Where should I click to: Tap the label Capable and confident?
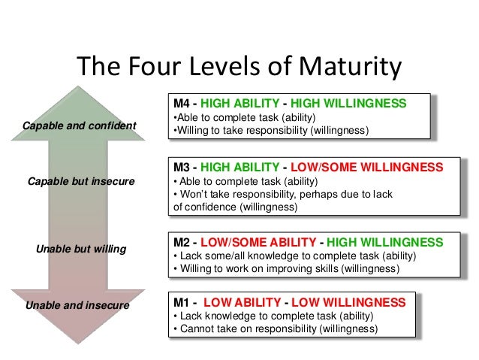pos(80,125)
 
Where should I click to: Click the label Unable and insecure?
pos(77,305)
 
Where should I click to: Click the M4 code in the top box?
pos(182,103)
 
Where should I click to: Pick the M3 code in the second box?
pos(182,166)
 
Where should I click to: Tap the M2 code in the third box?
pos(182,242)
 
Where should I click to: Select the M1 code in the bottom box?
pos(182,302)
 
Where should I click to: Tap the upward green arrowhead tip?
pos(81,87)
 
